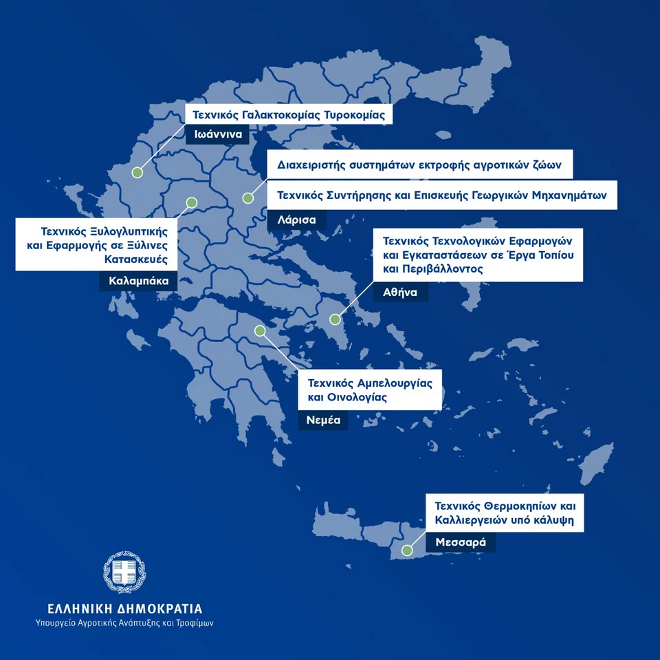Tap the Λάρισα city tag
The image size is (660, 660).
pyautogui.click(x=296, y=220)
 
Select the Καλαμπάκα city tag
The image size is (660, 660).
pyautogui.click(x=138, y=281)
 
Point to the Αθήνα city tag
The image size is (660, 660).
pyautogui.click(x=400, y=291)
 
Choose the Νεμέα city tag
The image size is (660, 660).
pyautogui.click(x=323, y=420)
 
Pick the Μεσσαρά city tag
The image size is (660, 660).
pyautogui.click(x=461, y=542)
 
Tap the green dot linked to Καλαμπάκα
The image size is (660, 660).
pyautogui.click(x=192, y=202)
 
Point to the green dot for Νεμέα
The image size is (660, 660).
pyautogui.click(x=260, y=331)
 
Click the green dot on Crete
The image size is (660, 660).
pyautogui.click(x=408, y=551)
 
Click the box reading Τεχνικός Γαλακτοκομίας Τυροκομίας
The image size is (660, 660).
pyautogui.click(x=289, y=114)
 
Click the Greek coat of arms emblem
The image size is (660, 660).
pyautogui.click(x=124, y=573)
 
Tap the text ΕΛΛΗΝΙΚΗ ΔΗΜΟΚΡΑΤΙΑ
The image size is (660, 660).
pyautogui.click(x=124, y=609)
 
